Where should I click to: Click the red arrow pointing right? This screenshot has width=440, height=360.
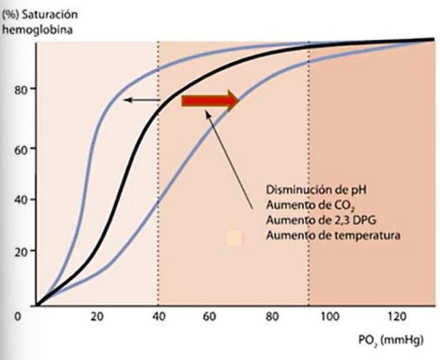209,101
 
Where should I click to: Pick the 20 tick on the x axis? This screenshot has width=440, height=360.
96,316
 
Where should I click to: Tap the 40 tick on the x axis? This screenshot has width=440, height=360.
157,316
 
